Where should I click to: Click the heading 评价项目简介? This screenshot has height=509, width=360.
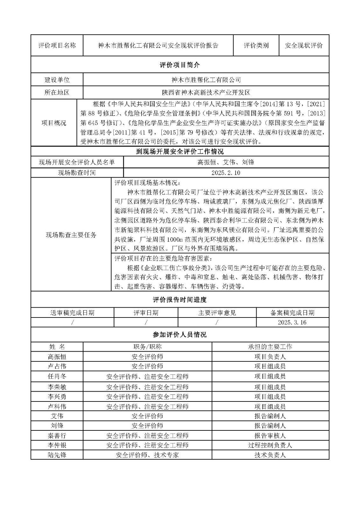(x=180, y=65)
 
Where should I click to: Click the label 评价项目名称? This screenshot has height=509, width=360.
(x=57, y=45)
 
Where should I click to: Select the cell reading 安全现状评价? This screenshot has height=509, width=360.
(x=303, y=45)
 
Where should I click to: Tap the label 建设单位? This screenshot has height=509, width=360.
(x=57, y=80)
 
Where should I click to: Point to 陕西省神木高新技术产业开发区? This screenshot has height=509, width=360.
(x=206, y=93)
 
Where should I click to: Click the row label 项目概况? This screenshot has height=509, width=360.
(x=54, y=123)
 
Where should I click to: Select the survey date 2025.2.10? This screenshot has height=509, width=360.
(x=226, y=173)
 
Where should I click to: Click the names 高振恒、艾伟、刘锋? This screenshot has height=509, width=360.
(x=226, y=162)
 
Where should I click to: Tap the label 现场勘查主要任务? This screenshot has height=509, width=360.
(x=71, y=235)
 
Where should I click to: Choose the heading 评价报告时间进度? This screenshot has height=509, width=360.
(x=180, y=300)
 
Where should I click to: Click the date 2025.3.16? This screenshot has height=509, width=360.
(x=292, y=322)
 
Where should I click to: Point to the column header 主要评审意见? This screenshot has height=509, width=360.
(x=217, y=313)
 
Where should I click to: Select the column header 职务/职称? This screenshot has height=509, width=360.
(x=147, y=347)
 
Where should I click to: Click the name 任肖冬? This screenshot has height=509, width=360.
(x=57, y=376)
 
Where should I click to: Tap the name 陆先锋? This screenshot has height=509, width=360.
(x=57, y=455)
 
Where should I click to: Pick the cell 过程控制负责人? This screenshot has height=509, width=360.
(x=270, y=445)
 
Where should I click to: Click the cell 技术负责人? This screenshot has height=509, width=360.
(x=270, y=455)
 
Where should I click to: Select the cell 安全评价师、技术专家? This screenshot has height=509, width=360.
(x=147, y=455)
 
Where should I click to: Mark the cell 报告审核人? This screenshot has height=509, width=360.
(x=270, y=435)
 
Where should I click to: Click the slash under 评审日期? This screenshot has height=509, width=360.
(x=146, y=322)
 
